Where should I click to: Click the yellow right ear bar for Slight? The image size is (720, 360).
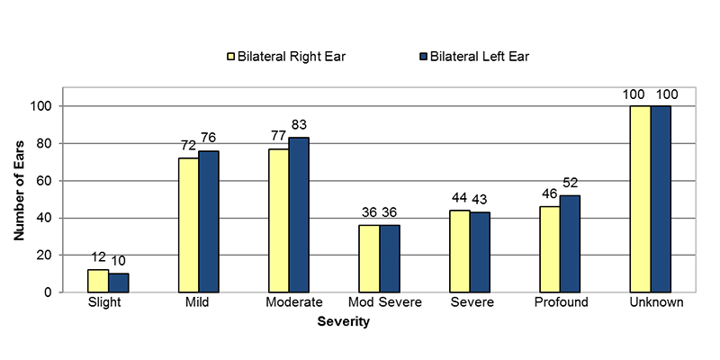(98, 281)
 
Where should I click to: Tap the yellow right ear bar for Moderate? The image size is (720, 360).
(278, 220)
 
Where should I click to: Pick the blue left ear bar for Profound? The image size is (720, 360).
(570, 244)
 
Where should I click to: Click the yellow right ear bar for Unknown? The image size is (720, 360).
(640, 199)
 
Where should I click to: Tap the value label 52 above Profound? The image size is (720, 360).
(571, 184)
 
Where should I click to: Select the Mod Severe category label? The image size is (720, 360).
(379, 303)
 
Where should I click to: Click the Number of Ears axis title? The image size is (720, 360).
(19, 190)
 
